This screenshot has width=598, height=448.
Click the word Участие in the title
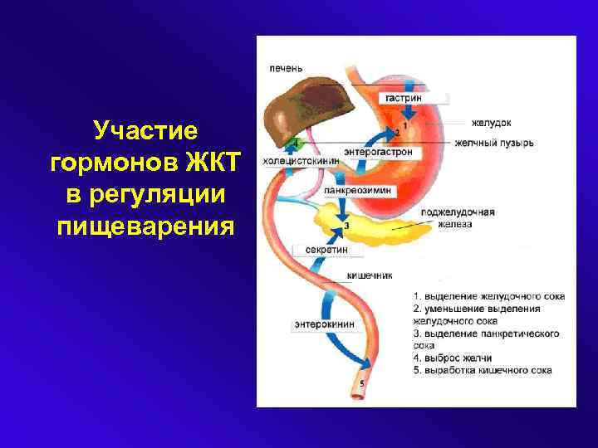pyautogui.click(x=145, y=130)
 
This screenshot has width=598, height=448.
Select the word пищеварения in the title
pyautogui.click(x=145, y=225)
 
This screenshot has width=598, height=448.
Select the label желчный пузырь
pyautogui.click(x=493, y=143)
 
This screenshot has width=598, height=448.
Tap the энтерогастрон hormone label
pyautogui.click(x=378, y=152)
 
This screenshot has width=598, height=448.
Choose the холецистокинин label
pyautogui.click(x=301, y=161)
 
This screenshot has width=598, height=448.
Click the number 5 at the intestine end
pyautogui.click(x=361, y=382)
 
